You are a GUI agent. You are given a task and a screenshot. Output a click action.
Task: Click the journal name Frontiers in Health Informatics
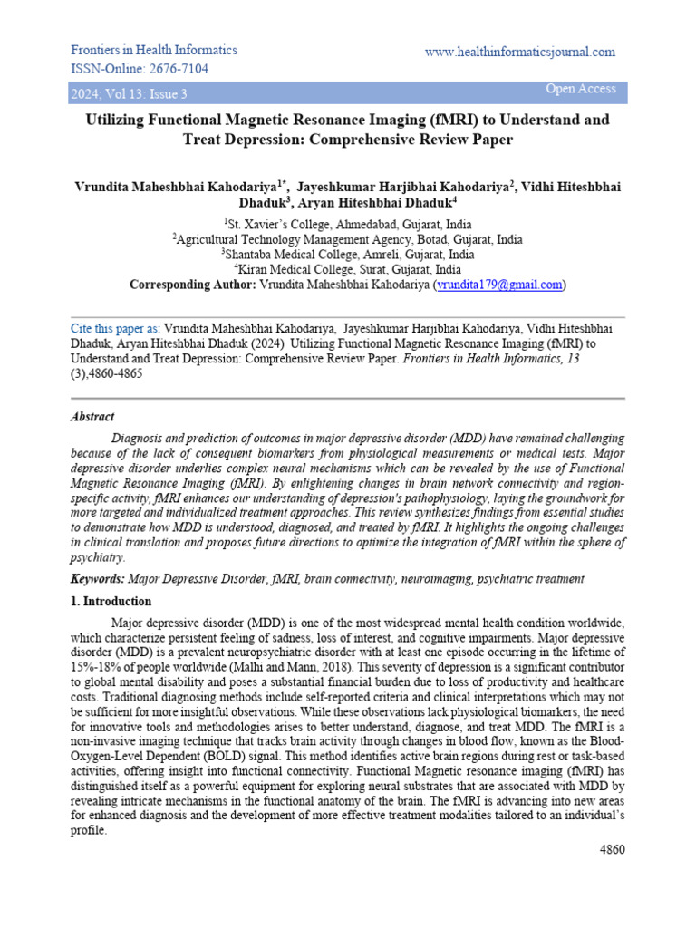tap(154, 50)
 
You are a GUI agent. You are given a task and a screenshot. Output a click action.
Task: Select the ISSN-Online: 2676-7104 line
tap(140, 69)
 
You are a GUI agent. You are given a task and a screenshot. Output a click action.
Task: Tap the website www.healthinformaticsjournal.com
tap(519, 53)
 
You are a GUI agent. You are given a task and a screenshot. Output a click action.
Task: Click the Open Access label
tap(580, 89)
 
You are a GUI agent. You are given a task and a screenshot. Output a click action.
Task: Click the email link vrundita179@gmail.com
tap(499, 285)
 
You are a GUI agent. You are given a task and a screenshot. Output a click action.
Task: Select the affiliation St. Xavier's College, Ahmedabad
tap(347, 224)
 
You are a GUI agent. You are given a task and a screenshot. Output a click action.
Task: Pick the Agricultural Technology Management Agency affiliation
tap(347, 239)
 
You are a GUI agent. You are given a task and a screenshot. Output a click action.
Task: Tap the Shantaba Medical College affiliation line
tap(347, 255)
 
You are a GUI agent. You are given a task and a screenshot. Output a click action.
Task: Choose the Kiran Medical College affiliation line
tap(347, 269)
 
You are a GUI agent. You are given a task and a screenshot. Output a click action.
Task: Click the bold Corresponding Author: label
tap(192, 285)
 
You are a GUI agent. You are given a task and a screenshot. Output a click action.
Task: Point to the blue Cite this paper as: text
tap(115, 328)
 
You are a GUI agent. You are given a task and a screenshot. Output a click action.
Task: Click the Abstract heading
tap(92, 417)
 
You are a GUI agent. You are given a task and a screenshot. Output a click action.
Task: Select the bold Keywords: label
tap(96, 579)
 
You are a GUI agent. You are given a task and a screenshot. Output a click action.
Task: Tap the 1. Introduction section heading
tap(111, 602)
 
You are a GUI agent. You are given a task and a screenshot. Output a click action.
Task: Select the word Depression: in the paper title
tap(257, 140)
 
